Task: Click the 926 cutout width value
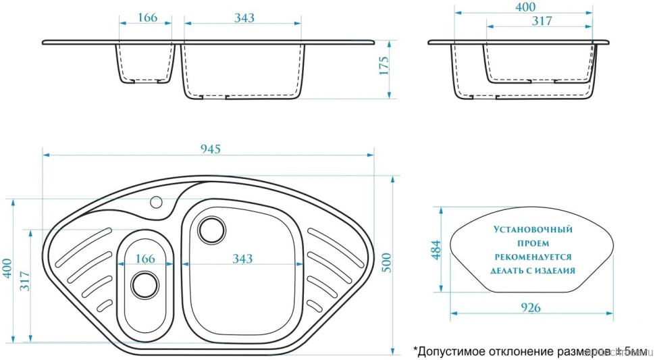532,307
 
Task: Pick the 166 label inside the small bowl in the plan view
145,259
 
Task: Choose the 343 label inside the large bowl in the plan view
242,259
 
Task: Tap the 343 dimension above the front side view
244,18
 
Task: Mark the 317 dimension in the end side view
542,21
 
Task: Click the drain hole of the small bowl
144,284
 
